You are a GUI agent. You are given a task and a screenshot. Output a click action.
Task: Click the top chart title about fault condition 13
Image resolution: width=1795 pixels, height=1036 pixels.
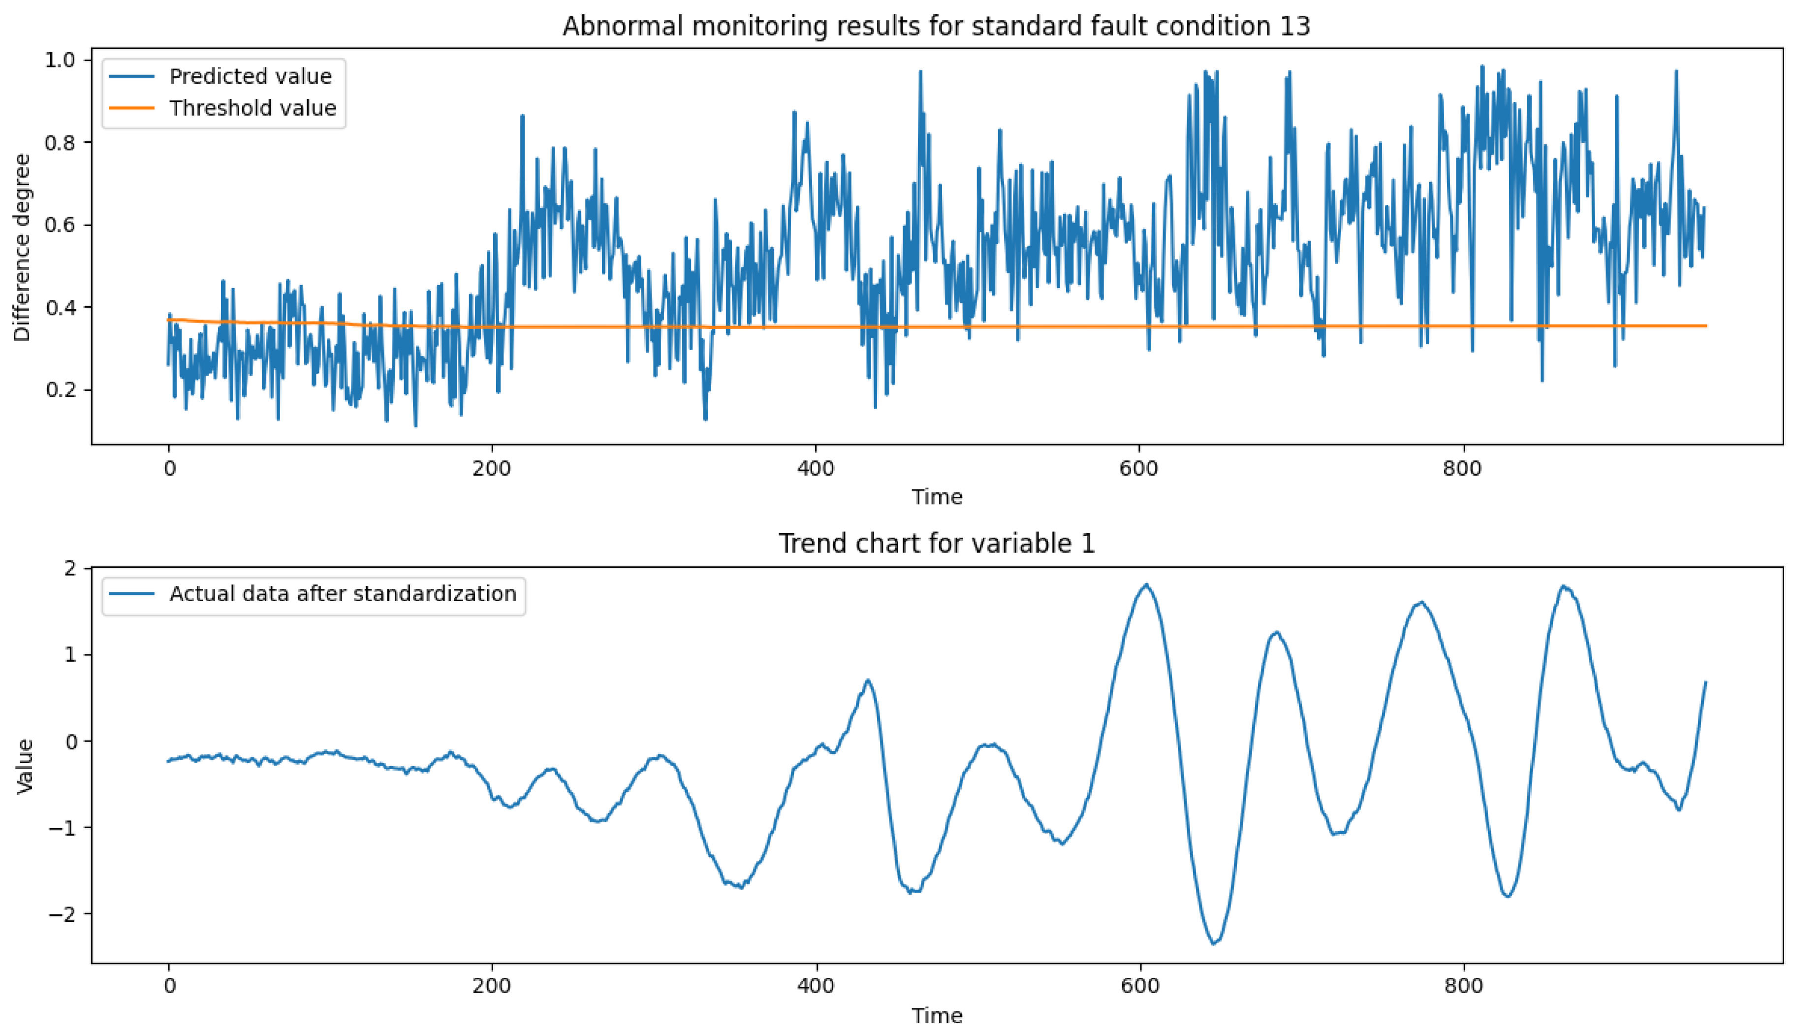(x=936, y=26)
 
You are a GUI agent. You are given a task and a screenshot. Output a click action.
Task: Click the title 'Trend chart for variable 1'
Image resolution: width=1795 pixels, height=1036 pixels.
(x=936, y=544)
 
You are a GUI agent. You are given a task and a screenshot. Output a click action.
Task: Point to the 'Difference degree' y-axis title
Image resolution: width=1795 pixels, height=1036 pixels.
(x=23, y=248)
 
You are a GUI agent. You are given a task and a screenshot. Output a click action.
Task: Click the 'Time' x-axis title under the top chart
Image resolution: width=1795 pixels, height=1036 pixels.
(x=936, y=497)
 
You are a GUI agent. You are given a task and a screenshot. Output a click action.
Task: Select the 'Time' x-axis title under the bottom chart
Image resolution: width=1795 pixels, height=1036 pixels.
(x=936, y=1015)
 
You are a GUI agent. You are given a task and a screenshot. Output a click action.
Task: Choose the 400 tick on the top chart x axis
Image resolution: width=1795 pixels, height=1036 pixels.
(x=815, y=469)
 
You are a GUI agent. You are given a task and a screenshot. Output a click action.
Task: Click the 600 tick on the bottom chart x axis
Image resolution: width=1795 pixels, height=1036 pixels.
(x=1139, y=986)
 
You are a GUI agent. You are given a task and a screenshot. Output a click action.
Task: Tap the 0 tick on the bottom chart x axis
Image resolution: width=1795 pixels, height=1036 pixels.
(x=168, y=986)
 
